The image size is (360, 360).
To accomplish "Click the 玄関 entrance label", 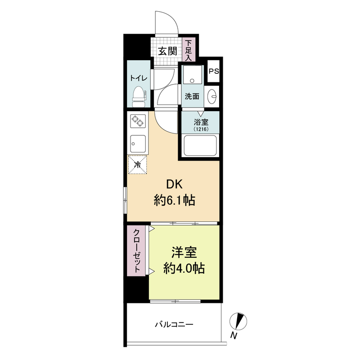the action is click(x=167, y=51).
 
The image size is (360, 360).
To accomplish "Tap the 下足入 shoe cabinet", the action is click(x=189, y=49).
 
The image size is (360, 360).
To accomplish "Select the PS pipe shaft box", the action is click(x=214, y=71).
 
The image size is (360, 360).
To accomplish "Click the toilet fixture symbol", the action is click(x=139, y=97).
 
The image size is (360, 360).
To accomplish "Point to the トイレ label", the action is click(x=139, y=78).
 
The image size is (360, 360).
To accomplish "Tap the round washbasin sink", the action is click(x=212, y=96).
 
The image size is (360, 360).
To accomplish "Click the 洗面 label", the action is click(x=192, y=96).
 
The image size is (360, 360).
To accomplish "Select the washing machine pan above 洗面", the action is click(x=193, y=75).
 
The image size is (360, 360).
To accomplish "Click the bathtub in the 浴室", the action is click(x=200, y=145).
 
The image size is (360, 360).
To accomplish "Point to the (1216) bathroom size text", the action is click(x=201, y=129).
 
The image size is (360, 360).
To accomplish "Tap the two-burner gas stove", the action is click(x=138, y=121).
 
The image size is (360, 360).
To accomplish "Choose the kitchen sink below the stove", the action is click(x=138, y=144).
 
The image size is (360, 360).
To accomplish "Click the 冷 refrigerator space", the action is click(x=137, y=165).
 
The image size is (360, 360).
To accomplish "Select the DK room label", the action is click(x=174, y=184).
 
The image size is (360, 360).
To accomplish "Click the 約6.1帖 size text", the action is click(x=175, y=200).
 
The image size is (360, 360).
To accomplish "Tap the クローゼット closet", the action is click(x=136, y=251).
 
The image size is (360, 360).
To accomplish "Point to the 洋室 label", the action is click(x=184, y=252).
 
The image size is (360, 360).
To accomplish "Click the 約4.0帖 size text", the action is click(x=184, y=268).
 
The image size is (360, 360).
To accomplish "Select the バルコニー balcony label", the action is click(x=174, y=324).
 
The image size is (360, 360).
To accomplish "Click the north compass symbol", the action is click(x=238, y=321).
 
